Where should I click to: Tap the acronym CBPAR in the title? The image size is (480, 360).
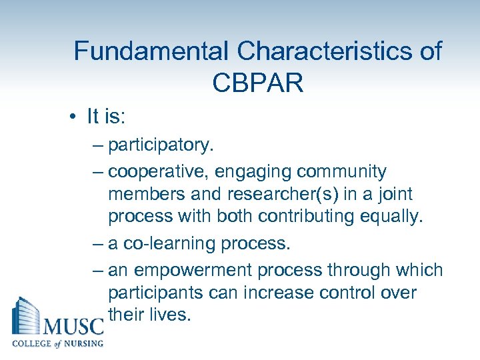pyautogui.click(x=258, y=83)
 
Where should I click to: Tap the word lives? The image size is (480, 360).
pyautogui.click(x=171, y=315)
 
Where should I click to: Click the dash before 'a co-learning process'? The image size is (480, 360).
pyautogui.click(x=97, y=244)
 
